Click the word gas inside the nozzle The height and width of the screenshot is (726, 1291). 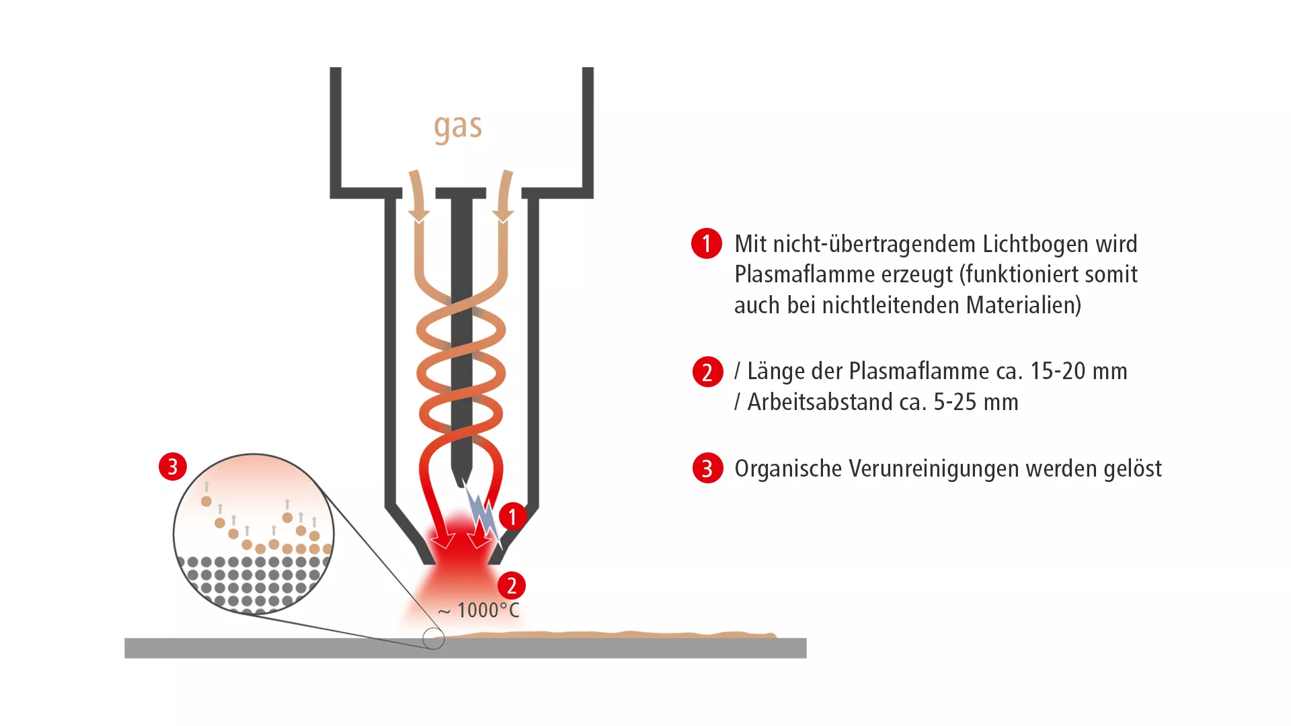click(458, 128)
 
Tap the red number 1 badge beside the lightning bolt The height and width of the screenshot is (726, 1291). click(512, 516)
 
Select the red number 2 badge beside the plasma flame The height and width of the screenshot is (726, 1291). click(512, 585)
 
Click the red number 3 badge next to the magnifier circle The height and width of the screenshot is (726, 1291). click(173, 467)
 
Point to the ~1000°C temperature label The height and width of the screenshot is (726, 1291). click(479, 610)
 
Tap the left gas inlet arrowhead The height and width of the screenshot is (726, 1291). click(419, 215)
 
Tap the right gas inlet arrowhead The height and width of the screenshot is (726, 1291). click(503, 215)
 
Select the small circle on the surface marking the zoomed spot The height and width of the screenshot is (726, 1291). click(434, 639)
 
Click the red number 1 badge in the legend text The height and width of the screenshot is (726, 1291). click(707, 243)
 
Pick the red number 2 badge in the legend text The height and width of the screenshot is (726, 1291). click(707, 372)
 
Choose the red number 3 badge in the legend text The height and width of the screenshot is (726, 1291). click(707, 468)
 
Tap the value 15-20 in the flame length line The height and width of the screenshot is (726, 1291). click(1054, 371)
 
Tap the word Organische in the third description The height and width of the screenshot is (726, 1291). click(788, 469)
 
